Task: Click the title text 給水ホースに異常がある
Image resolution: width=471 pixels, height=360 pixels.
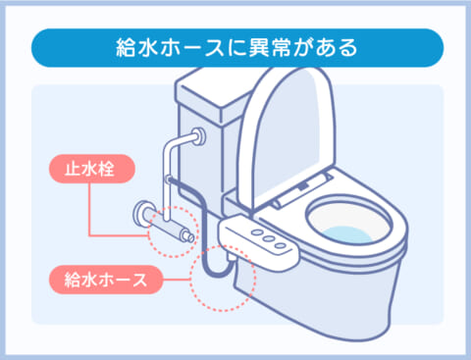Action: (x=235, y=45)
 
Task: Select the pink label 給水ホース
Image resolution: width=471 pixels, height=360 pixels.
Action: (x=100, y=281)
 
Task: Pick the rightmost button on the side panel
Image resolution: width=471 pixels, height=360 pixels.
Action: (x=282, y=240)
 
